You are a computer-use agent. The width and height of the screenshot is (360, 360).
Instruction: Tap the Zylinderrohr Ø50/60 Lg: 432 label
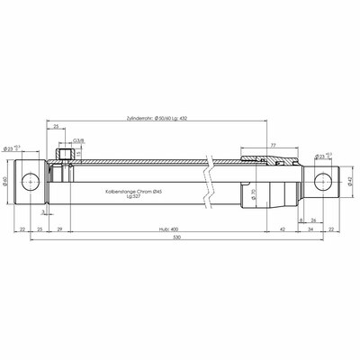[185, 118]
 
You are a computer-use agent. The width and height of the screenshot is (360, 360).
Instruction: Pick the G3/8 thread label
[78, 139]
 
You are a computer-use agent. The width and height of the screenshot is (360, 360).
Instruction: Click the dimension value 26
[312, 218]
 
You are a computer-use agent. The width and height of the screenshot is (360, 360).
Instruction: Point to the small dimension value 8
[299, 218]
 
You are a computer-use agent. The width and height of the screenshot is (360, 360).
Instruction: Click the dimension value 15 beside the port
[78, 154]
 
